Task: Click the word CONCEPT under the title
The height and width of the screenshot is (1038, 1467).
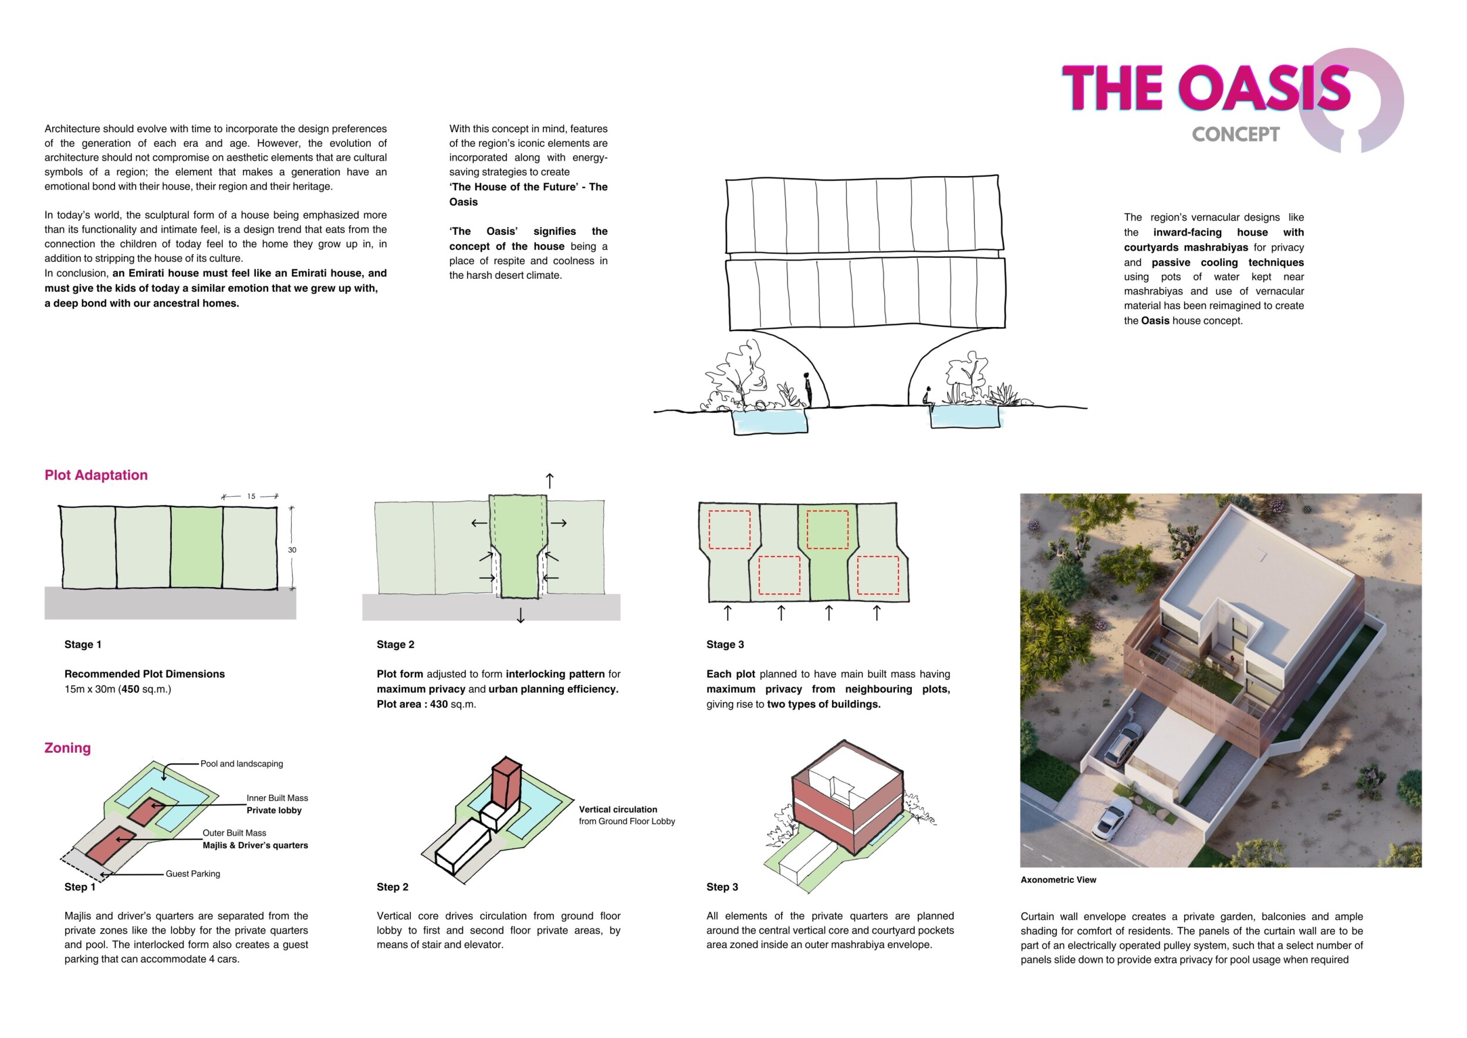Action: [1236, 134]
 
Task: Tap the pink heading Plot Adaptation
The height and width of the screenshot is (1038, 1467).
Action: [96, 475]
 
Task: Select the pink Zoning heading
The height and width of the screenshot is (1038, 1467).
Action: [67, 748]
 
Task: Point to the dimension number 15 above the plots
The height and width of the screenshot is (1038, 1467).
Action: [251, 496]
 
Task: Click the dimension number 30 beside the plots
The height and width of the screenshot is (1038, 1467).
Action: [292, 550]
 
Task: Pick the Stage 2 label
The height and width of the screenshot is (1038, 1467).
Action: [396, 644]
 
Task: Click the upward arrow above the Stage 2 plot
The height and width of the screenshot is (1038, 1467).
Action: [549, 481]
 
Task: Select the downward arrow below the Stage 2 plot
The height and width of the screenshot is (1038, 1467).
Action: [520, 615]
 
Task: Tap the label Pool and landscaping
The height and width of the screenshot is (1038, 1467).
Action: [242, 764]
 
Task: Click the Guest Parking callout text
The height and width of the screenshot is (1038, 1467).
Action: [193, 874]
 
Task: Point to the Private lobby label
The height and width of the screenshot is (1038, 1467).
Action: [274, 810]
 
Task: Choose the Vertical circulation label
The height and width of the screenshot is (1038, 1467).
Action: [618, 809]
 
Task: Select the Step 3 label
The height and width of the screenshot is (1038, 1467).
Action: [722, 887]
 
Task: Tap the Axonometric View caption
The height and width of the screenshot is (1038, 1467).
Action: [1058, 879]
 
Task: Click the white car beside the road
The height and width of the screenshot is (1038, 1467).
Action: [1111, 817]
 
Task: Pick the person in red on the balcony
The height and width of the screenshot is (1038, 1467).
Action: [1231, 658]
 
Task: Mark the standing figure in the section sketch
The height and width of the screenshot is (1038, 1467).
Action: [807, 389]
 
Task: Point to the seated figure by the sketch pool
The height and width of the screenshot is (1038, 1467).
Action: [928, 397]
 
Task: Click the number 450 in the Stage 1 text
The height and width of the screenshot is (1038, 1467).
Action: [130, 689]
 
